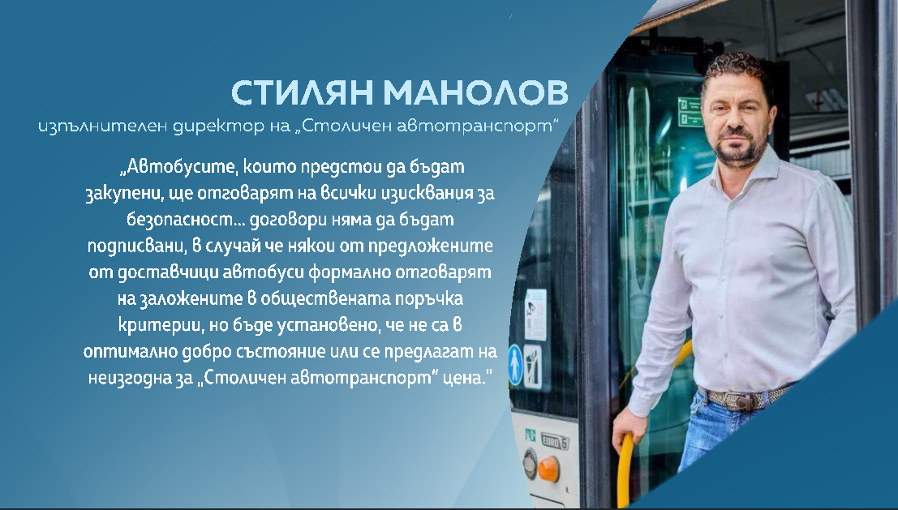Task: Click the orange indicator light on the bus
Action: click(x=548, y=466)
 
